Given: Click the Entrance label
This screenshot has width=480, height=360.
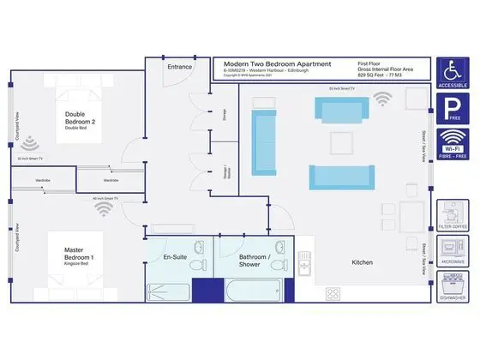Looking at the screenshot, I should pos(180,66).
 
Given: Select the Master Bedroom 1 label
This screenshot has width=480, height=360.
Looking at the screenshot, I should pos(79,254).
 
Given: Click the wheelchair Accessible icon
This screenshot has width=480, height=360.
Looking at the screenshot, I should pos(452,73).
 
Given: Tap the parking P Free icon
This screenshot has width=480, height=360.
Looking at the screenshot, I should pos(452,111).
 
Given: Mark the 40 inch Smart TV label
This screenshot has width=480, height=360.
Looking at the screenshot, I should pos(105,199).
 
